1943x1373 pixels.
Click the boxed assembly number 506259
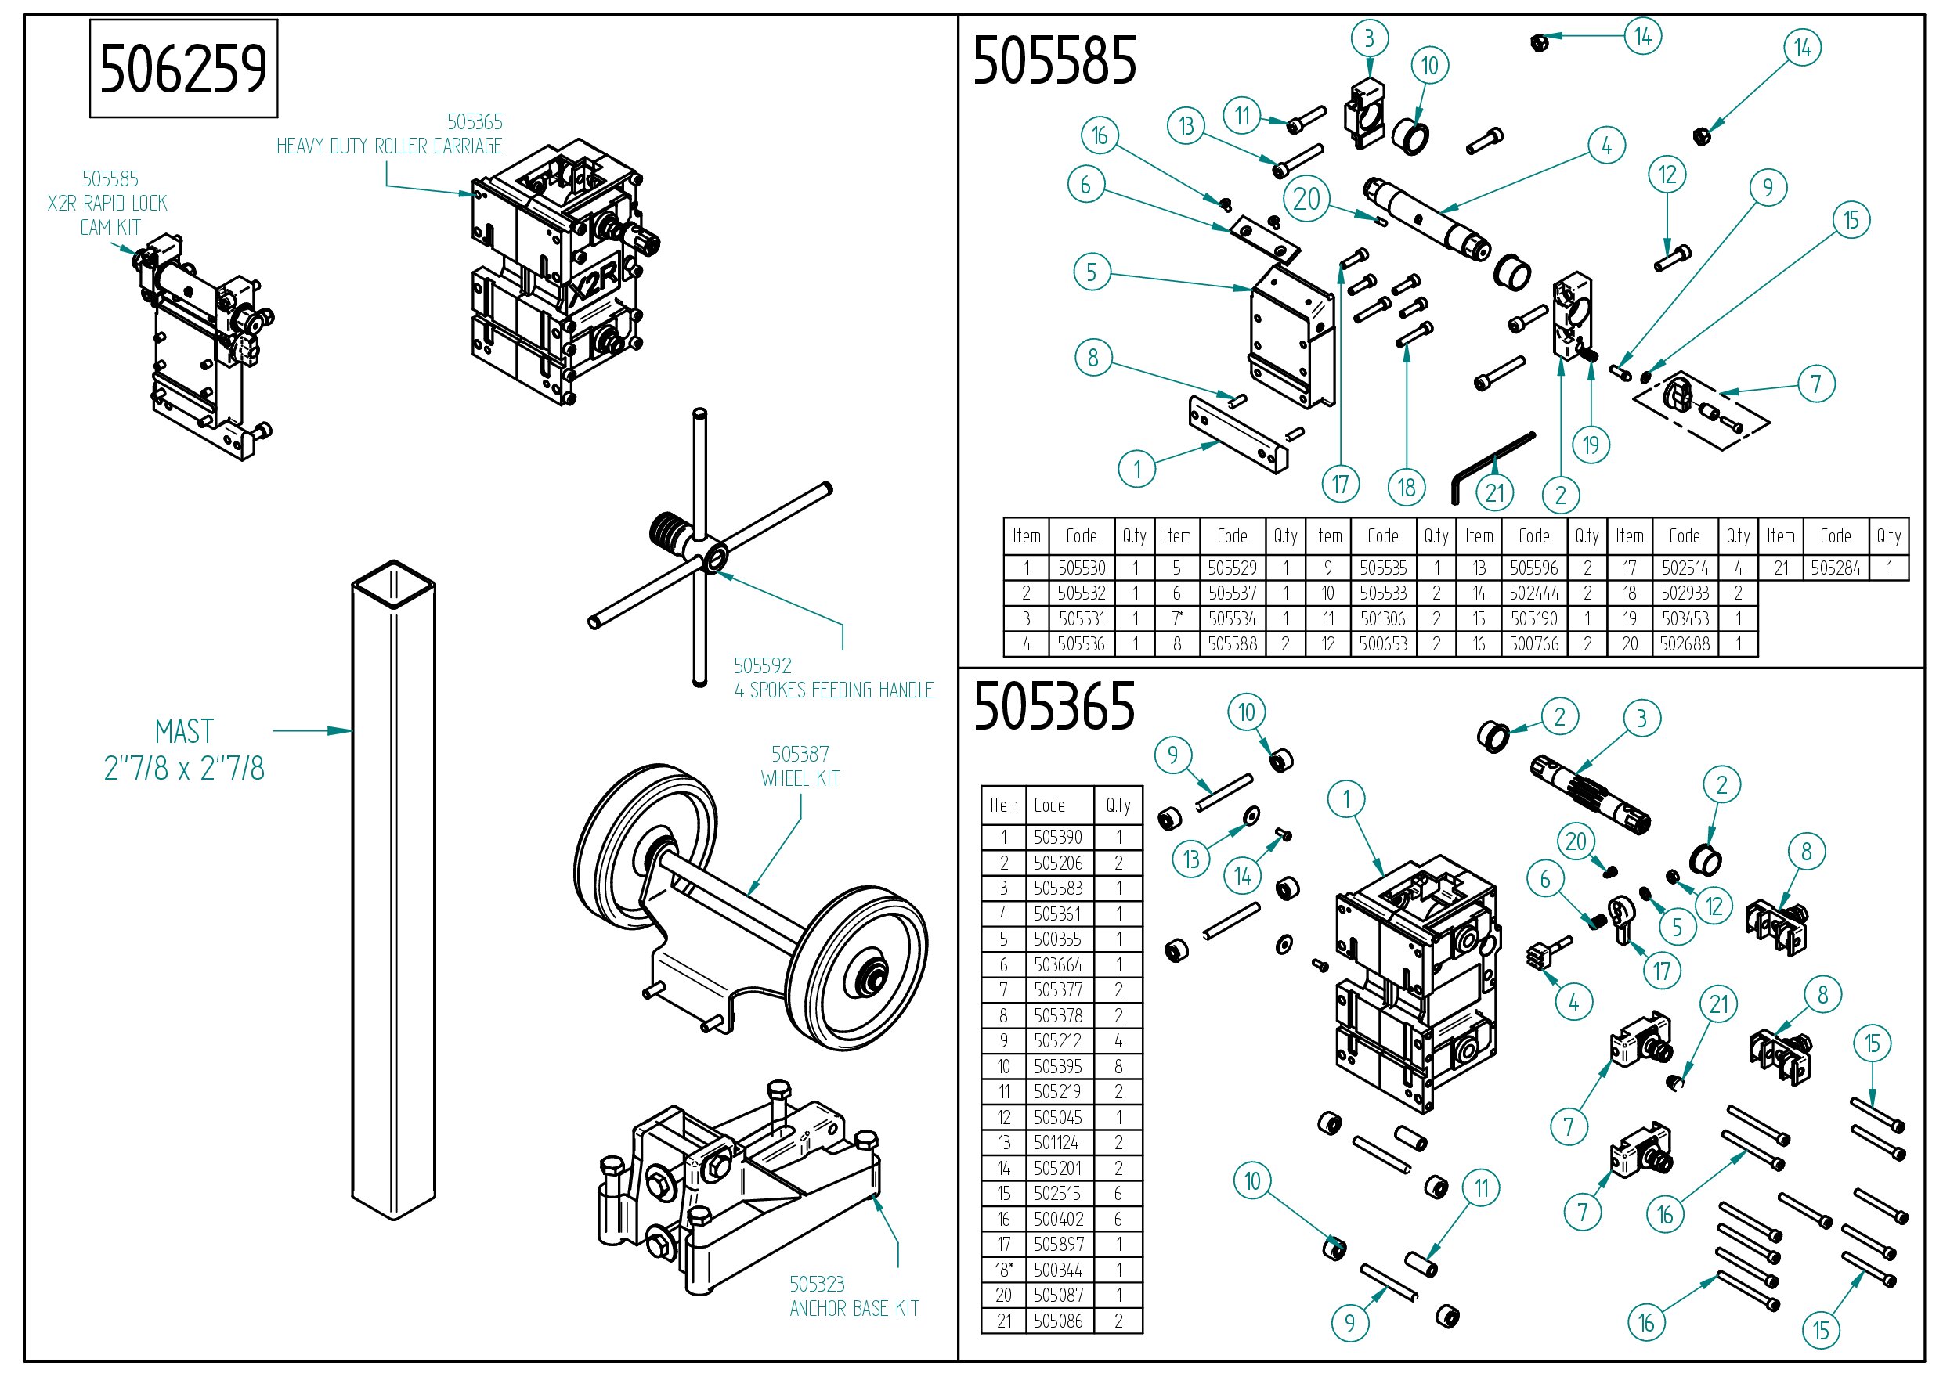(183, 69)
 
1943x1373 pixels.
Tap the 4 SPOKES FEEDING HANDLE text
(833, 690)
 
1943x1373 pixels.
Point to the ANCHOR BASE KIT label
(854, 1309)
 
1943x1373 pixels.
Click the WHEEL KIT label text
(800, 778)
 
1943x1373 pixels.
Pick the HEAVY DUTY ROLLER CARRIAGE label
(389, 146)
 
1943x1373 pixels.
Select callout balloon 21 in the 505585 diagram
(1495, 492)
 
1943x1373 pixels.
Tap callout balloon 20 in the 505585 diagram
(1306, 199)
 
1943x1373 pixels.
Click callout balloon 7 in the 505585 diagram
(1816, 384)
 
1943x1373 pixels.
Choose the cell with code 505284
(1836, 568)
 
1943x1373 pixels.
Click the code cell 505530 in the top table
(1082, 568)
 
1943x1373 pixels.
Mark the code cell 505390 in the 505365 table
(1058, 838)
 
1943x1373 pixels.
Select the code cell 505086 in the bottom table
(1058, 1321)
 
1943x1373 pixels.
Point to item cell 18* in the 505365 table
(1004, 1270)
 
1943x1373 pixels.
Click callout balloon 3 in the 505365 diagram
(1641, 719)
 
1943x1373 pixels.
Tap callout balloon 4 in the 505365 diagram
(1574, 1003)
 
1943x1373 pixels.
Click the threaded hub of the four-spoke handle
(670, 532)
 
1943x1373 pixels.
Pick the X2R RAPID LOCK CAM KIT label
(108, 203)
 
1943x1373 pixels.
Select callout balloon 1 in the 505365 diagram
(1346, 798)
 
